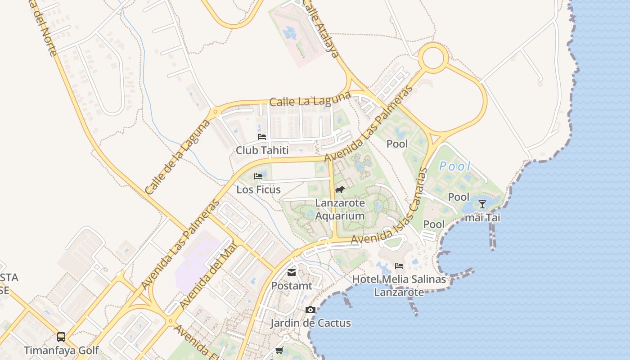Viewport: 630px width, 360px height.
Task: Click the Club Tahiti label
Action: pyautogui.click(x=262, y=150)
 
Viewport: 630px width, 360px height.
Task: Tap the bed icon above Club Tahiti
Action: pyautogui.click(x=262, y=136)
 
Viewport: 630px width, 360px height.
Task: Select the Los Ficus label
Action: pyautogui.click(x=259, y=189)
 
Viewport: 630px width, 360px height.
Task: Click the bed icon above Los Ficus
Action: pyautogui.click(x=258, y=176)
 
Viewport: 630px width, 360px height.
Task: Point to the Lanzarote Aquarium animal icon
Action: pyautogui.click(x=340, y=189)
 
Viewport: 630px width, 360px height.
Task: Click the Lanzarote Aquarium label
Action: pyautogui.click(x=340, y=209)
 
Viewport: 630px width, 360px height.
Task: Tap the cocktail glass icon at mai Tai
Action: pyautogui.click(x=482, y=204)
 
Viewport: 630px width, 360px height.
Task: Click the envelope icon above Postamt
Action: pyautogui.click(x=292, y=272)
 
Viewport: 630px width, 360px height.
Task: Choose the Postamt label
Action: pyautogui.click(x=292, y=286)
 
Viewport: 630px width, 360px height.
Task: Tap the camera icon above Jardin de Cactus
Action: pyautogui.click(x=310, y=310)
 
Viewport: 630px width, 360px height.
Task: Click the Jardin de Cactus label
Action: pyautogui.click(x=310, y=323)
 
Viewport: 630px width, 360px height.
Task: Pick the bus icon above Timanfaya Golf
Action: pyautogui.click(x=61, y=337)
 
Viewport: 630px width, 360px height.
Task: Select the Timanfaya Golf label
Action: pyautogui.click(x=61, y=350)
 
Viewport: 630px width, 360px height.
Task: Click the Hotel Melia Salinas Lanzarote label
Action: pyautogui.click(x=399, y=286)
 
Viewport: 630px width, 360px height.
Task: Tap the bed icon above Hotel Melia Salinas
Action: pyautogui.click(x=399, y=266)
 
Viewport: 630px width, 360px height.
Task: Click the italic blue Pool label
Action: pyautogui.click(x=455, y=166)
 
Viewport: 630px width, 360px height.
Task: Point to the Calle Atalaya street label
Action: pyautogui.click(x=321, y=29)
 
